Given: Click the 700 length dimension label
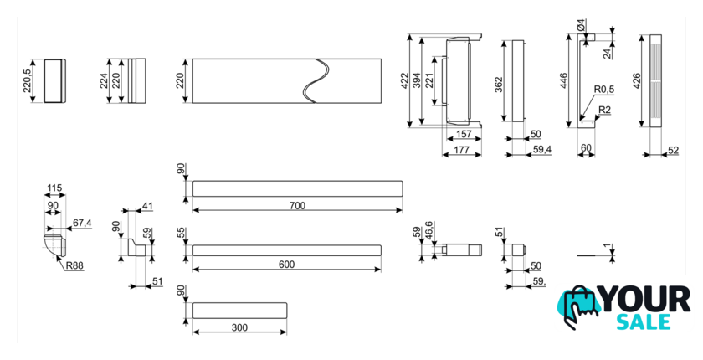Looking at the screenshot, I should tap(297, 206).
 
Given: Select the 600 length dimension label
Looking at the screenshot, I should tap(286, 265).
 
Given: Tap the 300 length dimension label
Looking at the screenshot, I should tap(239, 327).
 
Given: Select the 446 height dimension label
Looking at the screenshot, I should tap(565, 80).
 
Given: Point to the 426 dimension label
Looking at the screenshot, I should tap(637, 81).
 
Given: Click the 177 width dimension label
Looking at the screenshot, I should tap(460, 150).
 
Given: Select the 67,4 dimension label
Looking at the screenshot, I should tap(81, 223).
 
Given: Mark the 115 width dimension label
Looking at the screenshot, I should tap(56, 189).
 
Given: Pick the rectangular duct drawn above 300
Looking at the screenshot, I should tap(239, 310).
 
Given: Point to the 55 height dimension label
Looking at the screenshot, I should tap(181, 234).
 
